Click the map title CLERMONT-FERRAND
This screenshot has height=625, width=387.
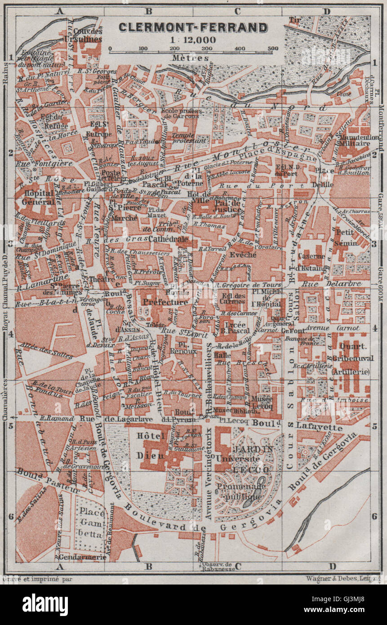click(193, 27)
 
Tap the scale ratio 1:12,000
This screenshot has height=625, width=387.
click(192, 40)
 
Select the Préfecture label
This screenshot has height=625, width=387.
click(165, 303)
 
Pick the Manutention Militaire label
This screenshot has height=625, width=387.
click(355, 139)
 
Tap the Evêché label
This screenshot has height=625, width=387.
click(242, 254)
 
